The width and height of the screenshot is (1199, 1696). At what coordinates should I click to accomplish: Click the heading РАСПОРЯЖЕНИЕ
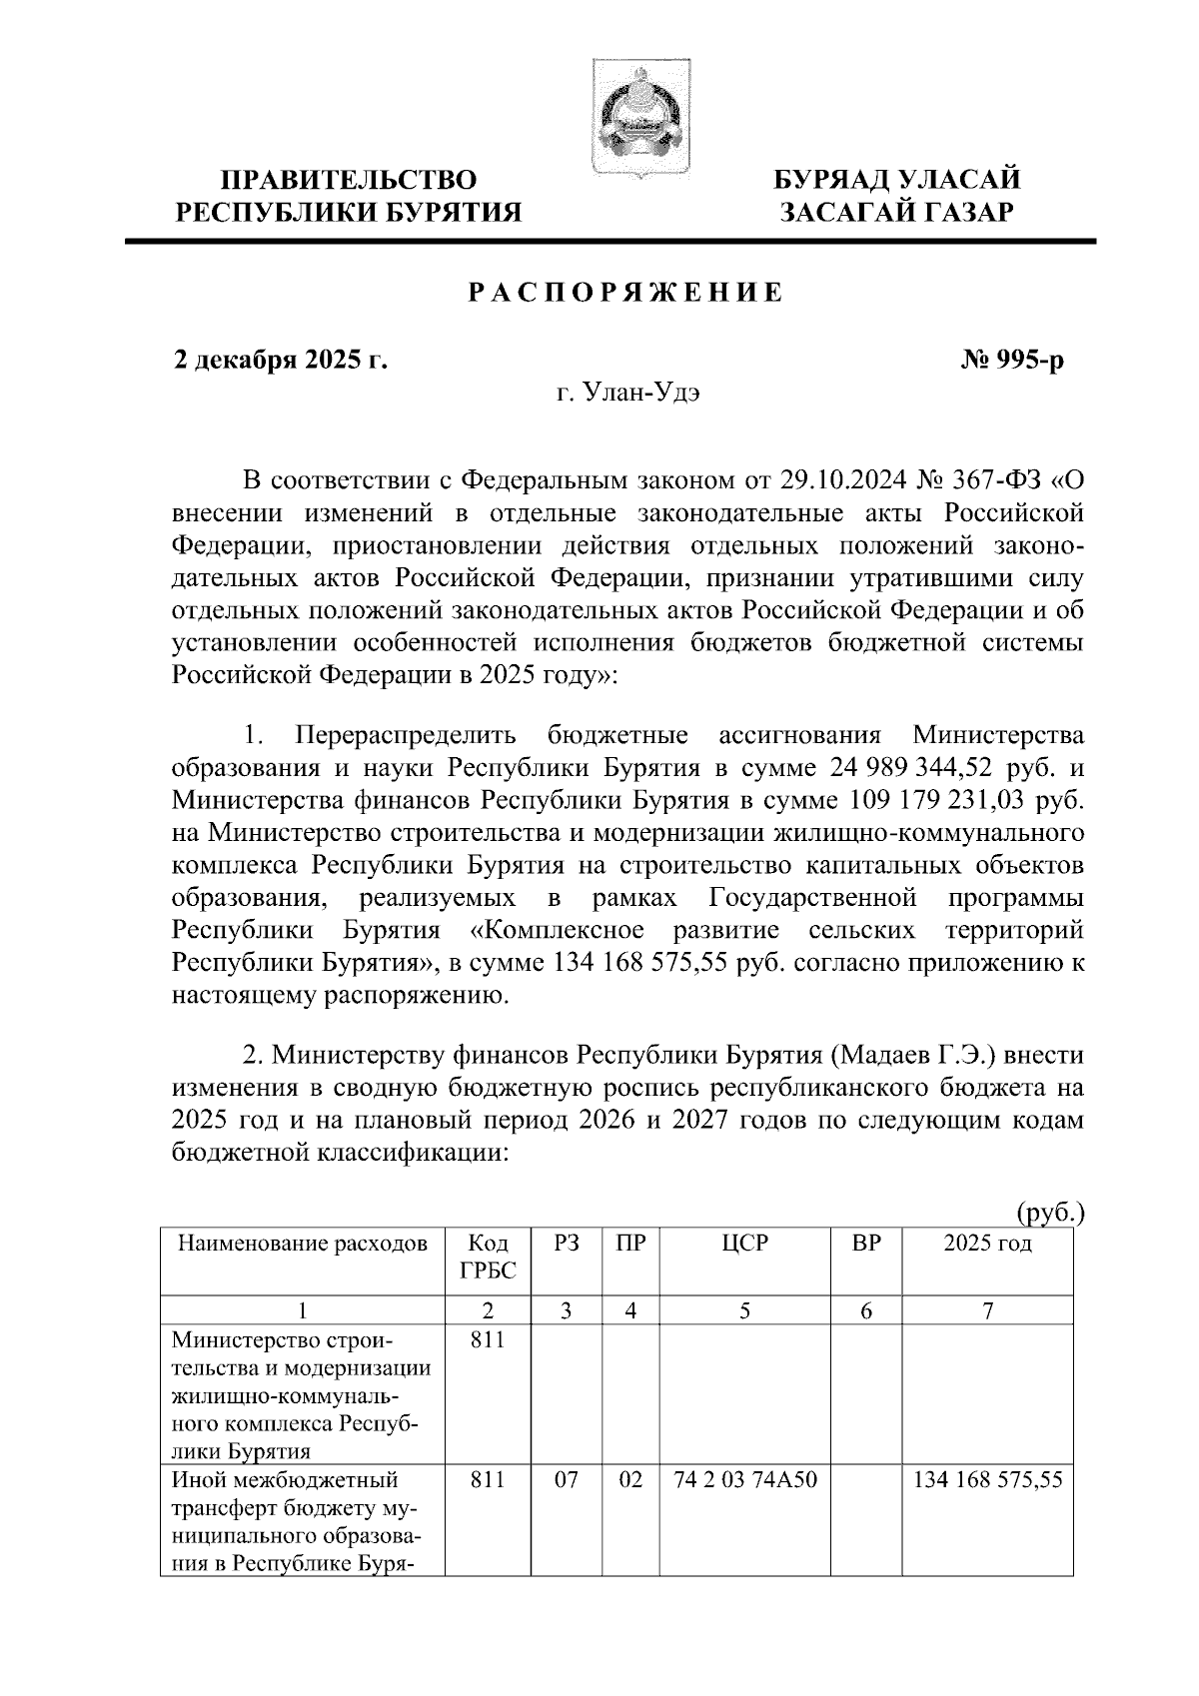(x=626, y=294)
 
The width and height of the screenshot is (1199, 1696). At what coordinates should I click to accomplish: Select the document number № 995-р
(x=1011, y=361)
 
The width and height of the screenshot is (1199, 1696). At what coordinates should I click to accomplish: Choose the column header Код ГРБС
(x=487, y=1257)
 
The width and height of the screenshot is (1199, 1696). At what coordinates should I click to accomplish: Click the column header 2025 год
(x=987, y=1244)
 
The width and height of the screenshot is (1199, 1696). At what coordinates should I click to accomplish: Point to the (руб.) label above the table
(x=1049, y=1214)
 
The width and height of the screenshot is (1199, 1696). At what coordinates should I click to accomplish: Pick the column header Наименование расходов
(x=302, y=1244)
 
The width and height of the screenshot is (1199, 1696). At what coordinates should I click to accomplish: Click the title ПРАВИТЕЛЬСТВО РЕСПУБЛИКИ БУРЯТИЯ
(x=349, y=196)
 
